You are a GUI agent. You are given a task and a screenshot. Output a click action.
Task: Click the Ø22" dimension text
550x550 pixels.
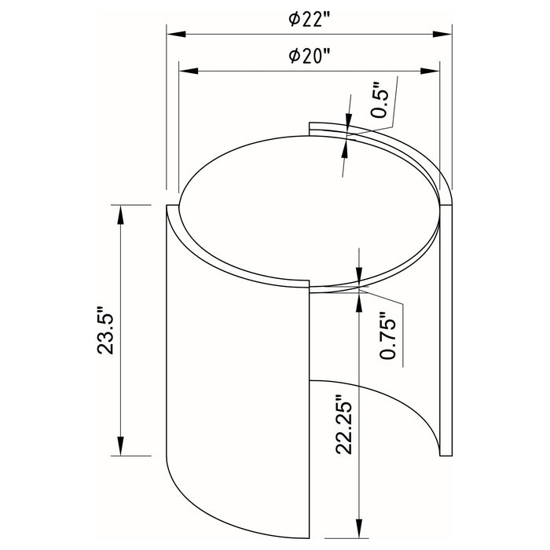308,20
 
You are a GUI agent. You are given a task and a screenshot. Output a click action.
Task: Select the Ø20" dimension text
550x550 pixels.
308,57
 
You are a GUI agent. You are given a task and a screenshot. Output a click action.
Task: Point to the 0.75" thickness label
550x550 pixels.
387,333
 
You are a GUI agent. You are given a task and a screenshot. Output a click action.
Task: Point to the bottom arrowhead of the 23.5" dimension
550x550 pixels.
119,449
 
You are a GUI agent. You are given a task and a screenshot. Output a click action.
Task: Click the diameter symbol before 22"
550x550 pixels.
292,20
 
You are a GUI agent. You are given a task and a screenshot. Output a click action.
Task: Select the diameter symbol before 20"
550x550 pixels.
292,57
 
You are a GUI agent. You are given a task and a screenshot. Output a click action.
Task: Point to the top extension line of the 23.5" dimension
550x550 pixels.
134,204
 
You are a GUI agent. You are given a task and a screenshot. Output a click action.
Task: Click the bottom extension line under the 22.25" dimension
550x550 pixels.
359,541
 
